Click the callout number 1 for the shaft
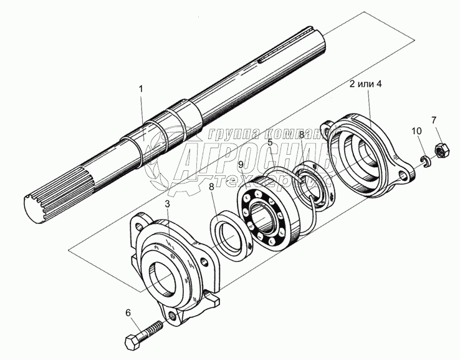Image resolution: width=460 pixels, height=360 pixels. point(141,89)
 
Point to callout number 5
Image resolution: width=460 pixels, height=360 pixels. point(270,142)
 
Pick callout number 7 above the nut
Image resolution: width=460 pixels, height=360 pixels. point(434,120)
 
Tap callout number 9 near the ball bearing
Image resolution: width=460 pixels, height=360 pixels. point(241,165)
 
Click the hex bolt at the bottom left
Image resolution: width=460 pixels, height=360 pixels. point(147,334)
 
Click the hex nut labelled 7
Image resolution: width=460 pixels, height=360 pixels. point(437,149)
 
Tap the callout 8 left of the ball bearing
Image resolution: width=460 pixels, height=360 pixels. point(213,185)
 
